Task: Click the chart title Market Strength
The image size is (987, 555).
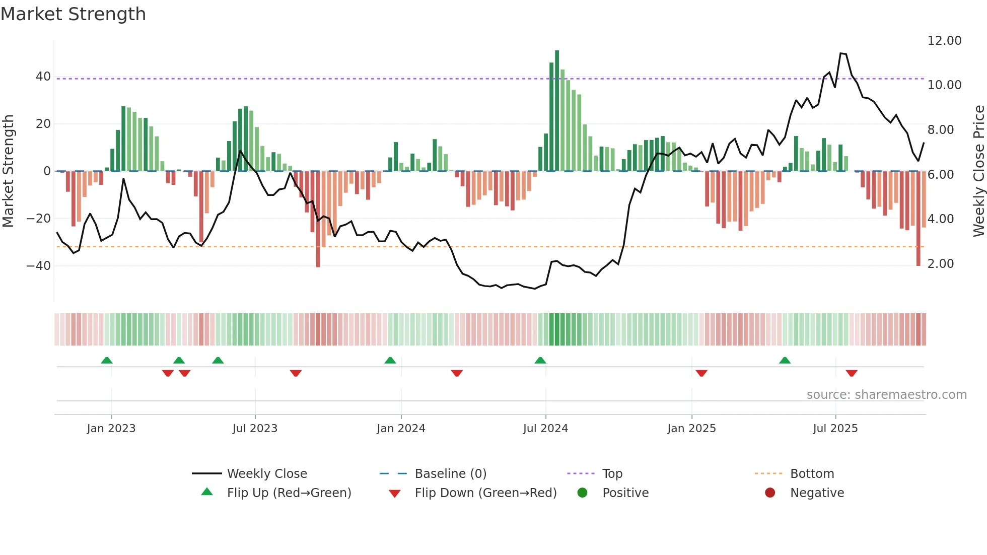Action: pyautogui.click(x=73, y=14)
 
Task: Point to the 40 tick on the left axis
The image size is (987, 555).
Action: pyautogui.click(x=43, y=77)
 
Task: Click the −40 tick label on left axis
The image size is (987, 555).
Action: pyautogui.click(x=39, y=265)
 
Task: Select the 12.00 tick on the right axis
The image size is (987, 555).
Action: pyautogui.click(x=944, y=41)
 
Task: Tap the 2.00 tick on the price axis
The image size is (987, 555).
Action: pyautogui.click(x=940, y=264)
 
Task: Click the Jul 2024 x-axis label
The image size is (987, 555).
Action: pyautogui.click(x=545, y=429)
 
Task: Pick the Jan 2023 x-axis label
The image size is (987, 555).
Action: pyautogui.click(x=111, y=429)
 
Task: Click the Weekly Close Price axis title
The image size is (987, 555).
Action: pyautogui.click(x=978, y=171)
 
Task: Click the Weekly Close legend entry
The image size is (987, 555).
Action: pyautogui.click(x=266, y=474)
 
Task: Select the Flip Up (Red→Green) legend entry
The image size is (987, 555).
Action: pyautogui.click(x=289, y=493)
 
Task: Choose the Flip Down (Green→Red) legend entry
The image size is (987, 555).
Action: pyautogui.click(x=485, y=493)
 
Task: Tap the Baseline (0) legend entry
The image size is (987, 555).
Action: pyautogui.click(x=450, y=474)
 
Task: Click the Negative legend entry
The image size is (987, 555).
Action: pyautogui.click(x=816, y=493)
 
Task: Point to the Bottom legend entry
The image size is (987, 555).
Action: pyautogui.click(x=812, y=474)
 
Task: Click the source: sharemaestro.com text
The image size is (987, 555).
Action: pyautogui.click(x=886, y=395)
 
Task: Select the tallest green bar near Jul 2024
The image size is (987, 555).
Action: pyautogui.click(x=557, y=111)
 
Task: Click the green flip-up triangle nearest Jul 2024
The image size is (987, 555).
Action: pyautogui.click(x=540, y=361)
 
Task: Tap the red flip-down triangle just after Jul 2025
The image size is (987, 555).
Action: pyautogui.click(x=852, y=373)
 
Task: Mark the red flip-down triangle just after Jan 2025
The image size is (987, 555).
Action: pyautogui.click(x=701, y=373)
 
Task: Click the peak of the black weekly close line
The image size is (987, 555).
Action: pyautogui.click(x=841, y=53)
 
